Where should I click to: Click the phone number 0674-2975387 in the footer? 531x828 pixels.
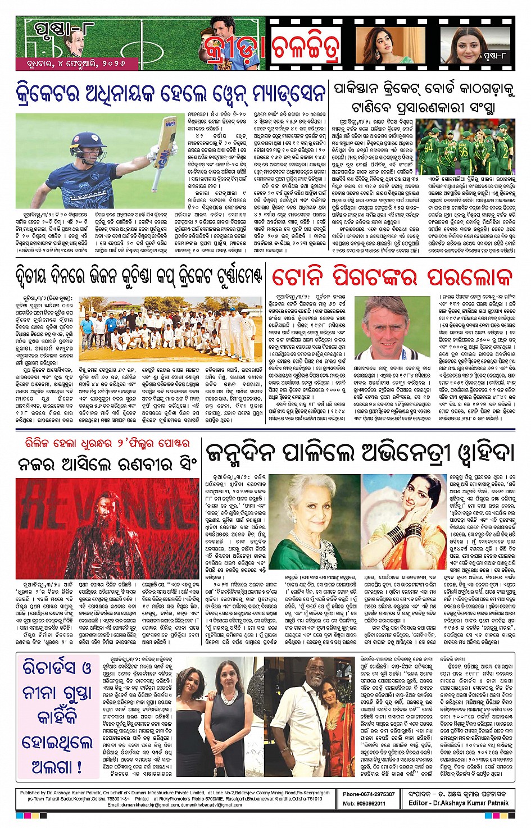tap(377, 794)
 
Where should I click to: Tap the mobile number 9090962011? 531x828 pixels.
tap(378, 803)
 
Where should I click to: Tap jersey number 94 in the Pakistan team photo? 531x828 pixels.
tap(429, 149)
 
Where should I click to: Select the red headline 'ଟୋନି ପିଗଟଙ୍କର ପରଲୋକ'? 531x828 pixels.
tap(392, 277)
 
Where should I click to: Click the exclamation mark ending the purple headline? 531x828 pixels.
tap(79, 766)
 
